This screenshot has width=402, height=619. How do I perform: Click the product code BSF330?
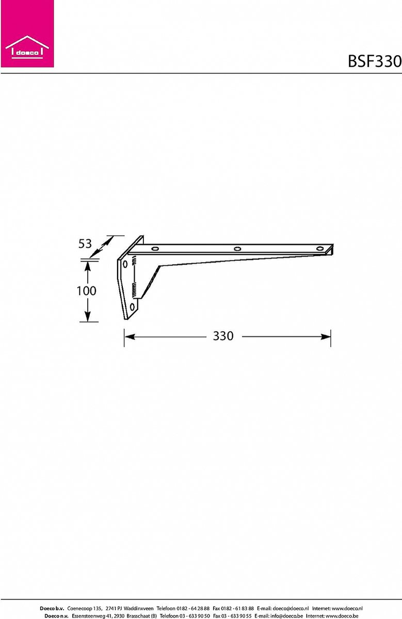click(x=375, y=61)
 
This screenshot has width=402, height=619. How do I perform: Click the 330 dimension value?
click(x=223, y=336)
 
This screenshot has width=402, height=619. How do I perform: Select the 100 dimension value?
click(x=86, y=291)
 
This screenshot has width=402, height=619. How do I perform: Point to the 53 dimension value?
click(x=85, y=243)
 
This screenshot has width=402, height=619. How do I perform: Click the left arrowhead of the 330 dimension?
click(x=130, y=336)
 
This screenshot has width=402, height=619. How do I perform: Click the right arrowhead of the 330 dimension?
click(x=326, y=336)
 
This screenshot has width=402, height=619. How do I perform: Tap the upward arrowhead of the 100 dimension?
click(x=88, y=266)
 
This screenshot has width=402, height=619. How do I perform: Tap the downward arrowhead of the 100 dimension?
click(x=88, y=316)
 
